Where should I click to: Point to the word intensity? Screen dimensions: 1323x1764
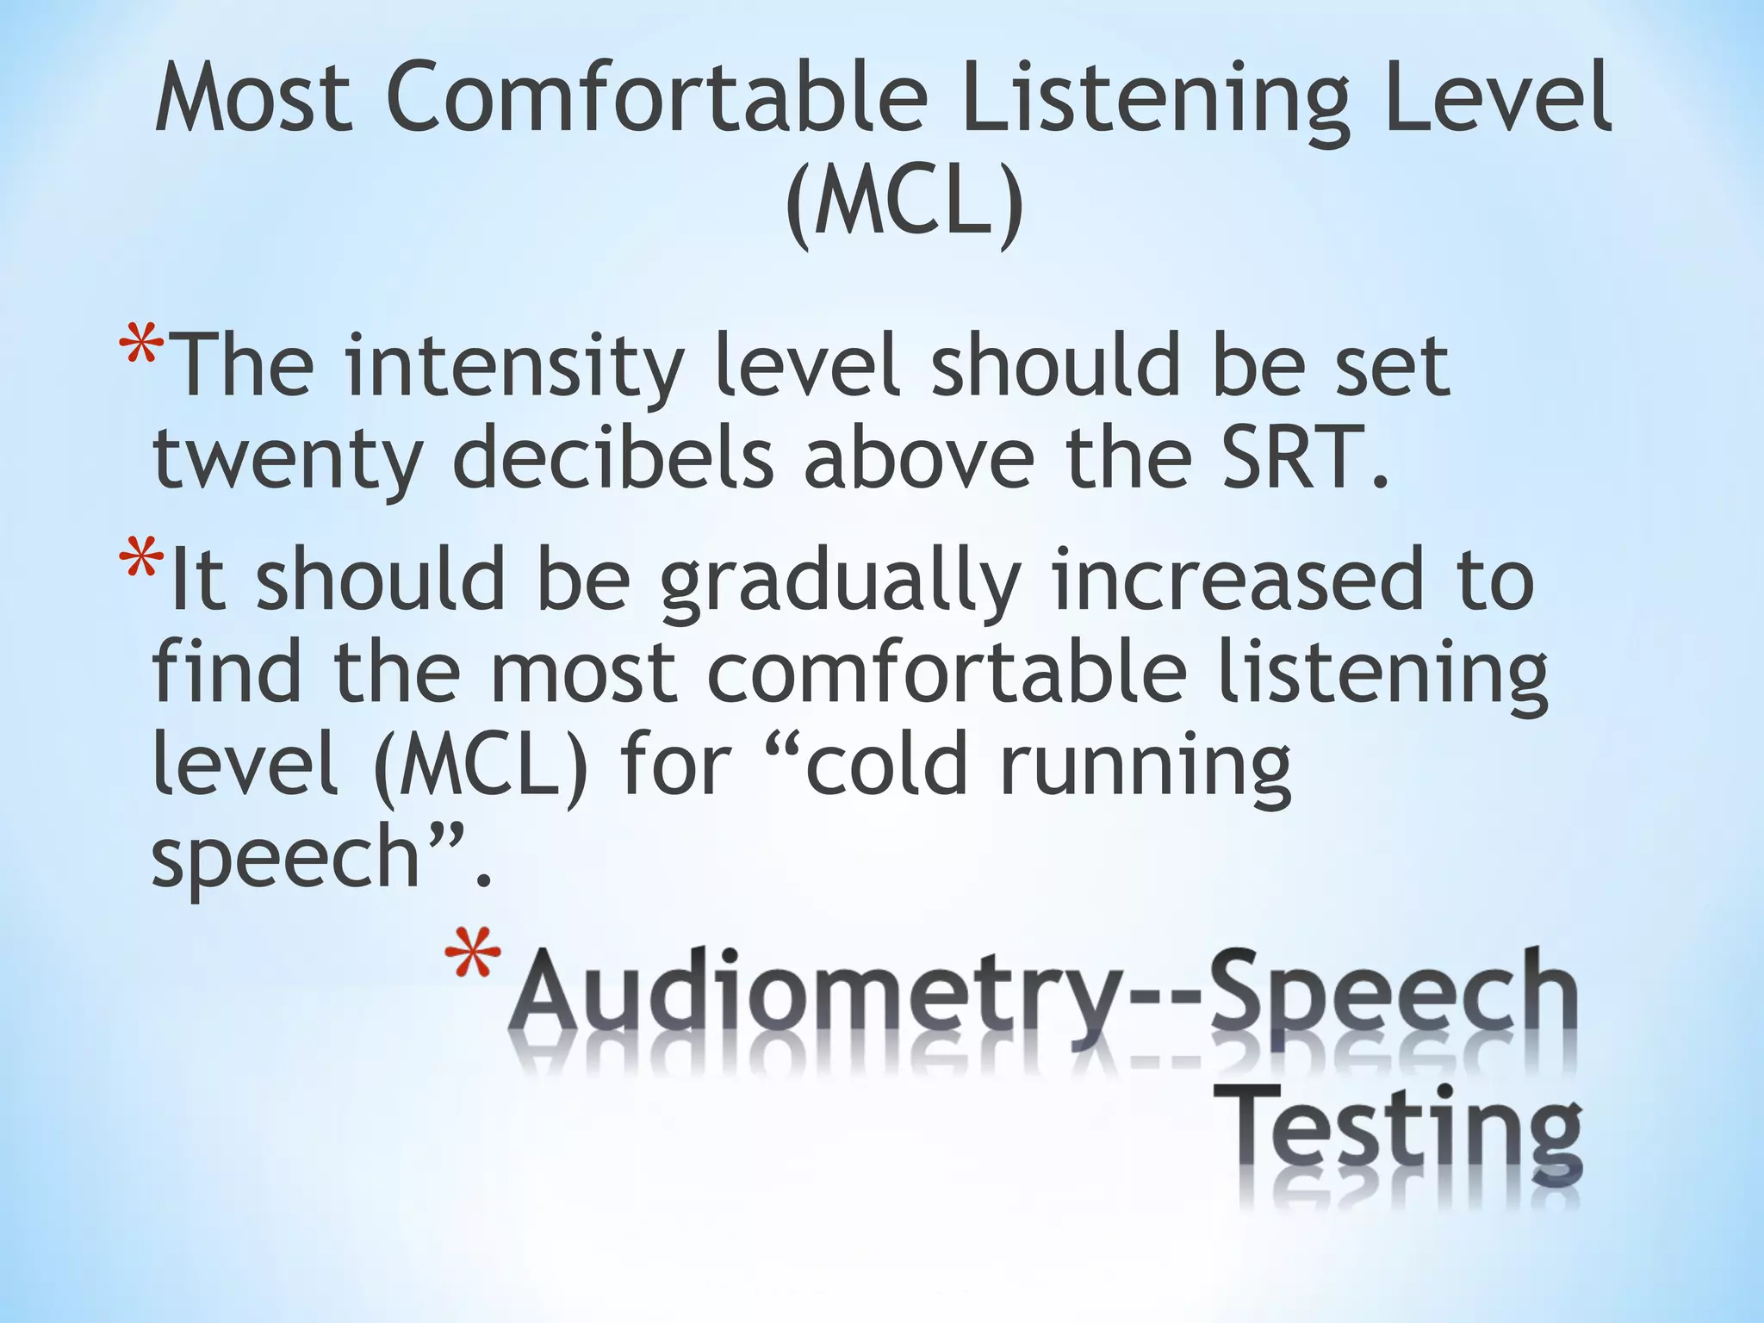click(x=514, y=368)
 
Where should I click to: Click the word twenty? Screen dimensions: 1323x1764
click(x=287, y=461)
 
